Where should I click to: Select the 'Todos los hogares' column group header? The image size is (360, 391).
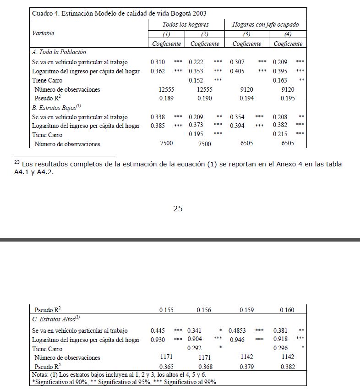pyautogui.click(x=185, y=24)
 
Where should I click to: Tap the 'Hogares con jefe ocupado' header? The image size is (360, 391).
pyautogui.click(x=265, y=24)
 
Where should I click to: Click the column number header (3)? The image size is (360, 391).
pyautogui.click(x=246, y=34)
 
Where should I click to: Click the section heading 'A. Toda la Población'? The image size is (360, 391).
pyautogui.click(x=59, y=52)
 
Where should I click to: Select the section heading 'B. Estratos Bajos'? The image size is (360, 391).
pyautogui.click(x=56, y=108)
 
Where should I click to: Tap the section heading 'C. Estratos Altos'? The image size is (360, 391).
pyautogui.click(x=56, y=318)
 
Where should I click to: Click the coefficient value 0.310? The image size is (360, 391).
pyautogui.click(x=158, y=62)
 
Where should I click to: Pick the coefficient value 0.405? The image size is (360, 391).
pyautogui.click(x=237, y=71)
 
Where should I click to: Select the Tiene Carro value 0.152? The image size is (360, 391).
pyautogui.click(x=196, y=80)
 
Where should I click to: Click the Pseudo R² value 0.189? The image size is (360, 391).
pyautogui.click(x=166, y=98)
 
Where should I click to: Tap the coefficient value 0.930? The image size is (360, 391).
pyautogui.click(x=158, y=340)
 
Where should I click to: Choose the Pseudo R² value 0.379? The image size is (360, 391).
pyautogui.click(x=246, y=367)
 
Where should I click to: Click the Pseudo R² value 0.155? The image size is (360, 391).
pyautogui.click(x=166, y=310)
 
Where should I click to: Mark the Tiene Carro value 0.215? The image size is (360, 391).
pyautogui.click(x=280, y=134)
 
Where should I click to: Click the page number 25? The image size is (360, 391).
pyautogui.click(x=178, y=209)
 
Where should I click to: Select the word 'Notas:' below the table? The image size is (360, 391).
pyautogui.click(x=41, y=375)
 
